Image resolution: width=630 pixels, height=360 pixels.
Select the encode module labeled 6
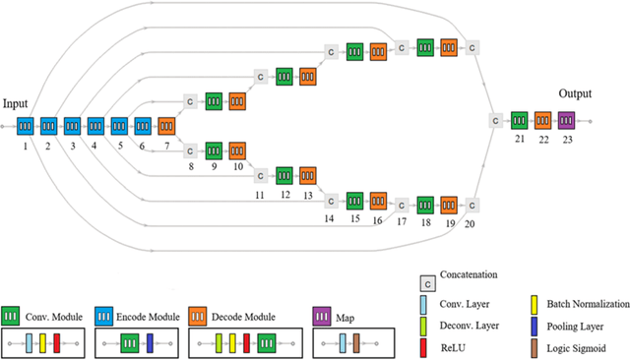click(x=143, y=126)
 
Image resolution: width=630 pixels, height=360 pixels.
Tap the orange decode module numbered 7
click(x=166, y=126)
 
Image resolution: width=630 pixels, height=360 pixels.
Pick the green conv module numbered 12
click(x=283, y=176)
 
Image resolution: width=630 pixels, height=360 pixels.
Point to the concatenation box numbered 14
click(x=331, y=201)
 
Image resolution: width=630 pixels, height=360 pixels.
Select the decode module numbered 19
click(x=449, y=205)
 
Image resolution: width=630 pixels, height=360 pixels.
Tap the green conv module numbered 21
click(x=519, y=120)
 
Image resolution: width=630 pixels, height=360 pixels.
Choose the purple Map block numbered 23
click(x=566, y=120)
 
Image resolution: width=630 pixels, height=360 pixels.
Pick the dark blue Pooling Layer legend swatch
click(x=536, y=326)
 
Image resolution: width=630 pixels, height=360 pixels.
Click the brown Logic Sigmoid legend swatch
click(x=536, y=346)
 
